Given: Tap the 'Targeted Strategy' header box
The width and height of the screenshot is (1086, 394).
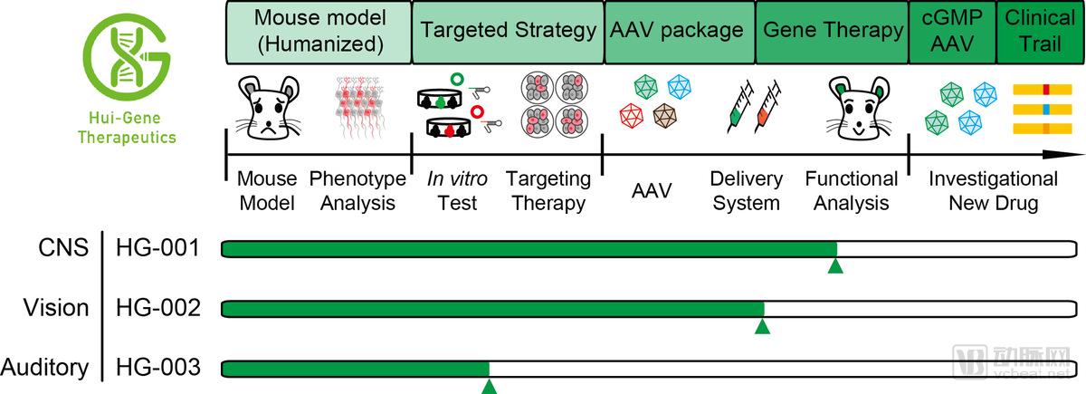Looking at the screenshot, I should pyautogui.click(x=508, y=31).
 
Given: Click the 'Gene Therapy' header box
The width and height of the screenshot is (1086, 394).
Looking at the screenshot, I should pyautogui.click(x=832, y=31).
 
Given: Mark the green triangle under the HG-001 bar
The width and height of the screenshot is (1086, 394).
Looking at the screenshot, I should pyautogui.click(x=836, y=264).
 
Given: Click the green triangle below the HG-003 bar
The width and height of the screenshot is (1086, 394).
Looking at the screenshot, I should pyautogui.click(x=489, y=387).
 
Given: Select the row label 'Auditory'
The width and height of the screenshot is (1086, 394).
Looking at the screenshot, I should pyautogui.click(x=45, y=369).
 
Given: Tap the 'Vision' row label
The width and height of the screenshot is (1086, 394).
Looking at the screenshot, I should pyautogui.click(x=57, y=308).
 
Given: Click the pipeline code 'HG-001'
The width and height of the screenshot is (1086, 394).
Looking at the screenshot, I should pyautogui.click(x=157, y=247).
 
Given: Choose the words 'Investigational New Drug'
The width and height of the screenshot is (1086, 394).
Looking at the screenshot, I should pyautogui.click(x=992, y=190).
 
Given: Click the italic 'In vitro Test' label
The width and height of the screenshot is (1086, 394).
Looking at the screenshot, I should pyautogui.click(x=457, y=190).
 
